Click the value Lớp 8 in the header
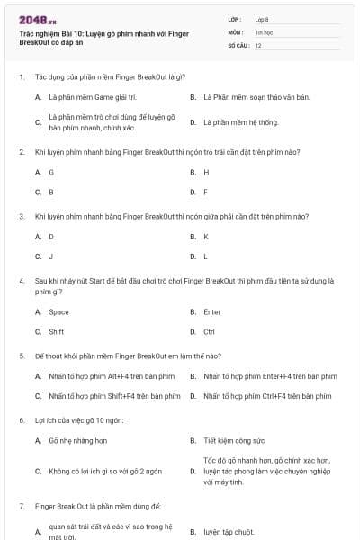click(x=262, y=19)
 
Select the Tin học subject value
click(x=264, y=31)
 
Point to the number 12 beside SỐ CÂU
click(x=258, y=44)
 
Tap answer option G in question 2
click(x=51, y=172)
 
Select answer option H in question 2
click(x=206, y=172)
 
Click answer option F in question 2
click(x=206, y=192)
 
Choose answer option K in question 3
click(x=206, y=237)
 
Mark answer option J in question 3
click(x=51, y=256)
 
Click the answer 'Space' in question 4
click(x=58, y=311)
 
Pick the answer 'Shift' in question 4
click(x=57, y=331)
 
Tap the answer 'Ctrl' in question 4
click(x=209, y=331)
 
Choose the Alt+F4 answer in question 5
click(x=111, y=375)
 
